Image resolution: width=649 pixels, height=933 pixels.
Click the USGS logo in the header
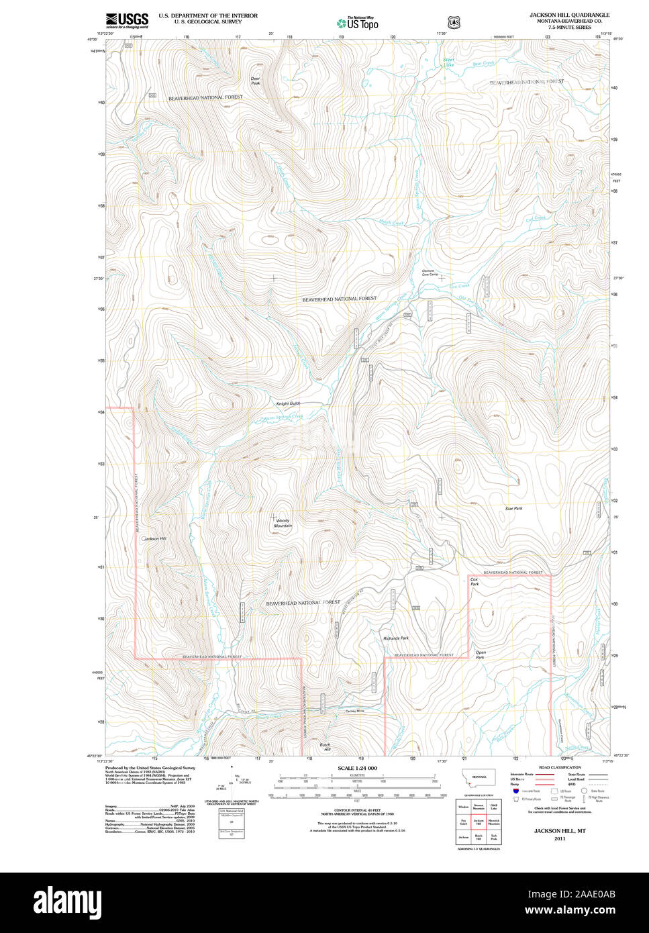coord(127,21)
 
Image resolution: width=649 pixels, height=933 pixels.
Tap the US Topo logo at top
coord(357,23)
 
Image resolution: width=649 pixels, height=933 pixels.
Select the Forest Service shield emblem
coord(454,22)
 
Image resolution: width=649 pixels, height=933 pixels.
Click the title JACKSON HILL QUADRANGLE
coord(569,14)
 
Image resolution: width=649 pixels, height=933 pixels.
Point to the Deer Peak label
coord(255,81)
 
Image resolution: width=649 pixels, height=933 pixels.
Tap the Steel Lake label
coord(448,62)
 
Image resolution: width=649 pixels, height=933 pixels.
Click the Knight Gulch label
coord(288,403)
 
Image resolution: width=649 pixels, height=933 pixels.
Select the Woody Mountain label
coord(283,523)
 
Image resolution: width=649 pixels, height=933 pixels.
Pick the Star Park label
coord(513,509)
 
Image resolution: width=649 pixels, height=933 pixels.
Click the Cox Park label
coord(475,581)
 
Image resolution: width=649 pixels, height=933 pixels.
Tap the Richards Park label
coord(395,638)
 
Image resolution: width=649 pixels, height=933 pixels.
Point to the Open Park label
coord(480,654)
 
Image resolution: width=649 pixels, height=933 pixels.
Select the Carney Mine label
coord(354,711)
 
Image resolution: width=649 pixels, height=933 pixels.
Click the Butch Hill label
coord(325,747)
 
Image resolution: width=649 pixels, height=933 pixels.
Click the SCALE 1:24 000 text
coord(357,768)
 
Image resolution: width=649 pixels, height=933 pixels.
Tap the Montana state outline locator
coord(479,777)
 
